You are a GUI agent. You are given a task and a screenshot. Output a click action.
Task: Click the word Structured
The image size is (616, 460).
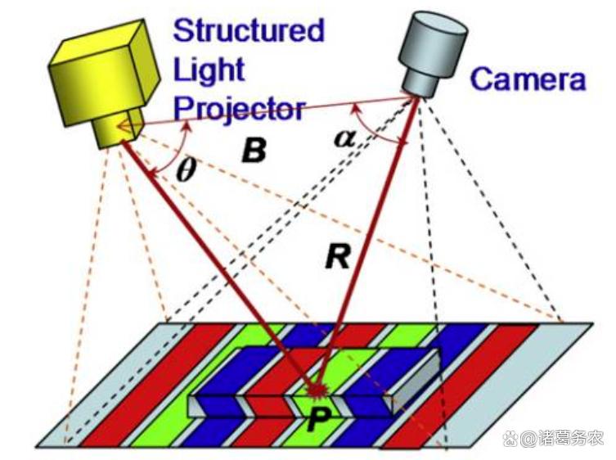(x=249, y=31)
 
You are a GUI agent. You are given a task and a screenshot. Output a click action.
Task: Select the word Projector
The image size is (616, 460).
(x=239, y=108)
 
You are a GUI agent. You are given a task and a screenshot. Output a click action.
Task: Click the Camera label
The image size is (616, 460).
(x=528, y=79)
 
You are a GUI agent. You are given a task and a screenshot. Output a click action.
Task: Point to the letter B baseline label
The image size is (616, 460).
(x=254, y=151)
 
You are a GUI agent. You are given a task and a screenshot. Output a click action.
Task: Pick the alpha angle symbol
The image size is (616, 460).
(x=344, y=138)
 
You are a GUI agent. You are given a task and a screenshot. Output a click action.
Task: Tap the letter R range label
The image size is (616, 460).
(x=336, y=258)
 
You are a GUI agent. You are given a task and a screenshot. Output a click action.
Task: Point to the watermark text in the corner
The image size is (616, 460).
(x=554, y=439)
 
